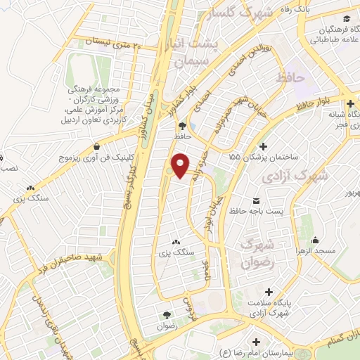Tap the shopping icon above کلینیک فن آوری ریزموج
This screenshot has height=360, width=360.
pyautogui.click(x=106, y=148)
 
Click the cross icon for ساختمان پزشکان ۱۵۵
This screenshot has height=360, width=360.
pyautogui.click(x=263, y=147)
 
